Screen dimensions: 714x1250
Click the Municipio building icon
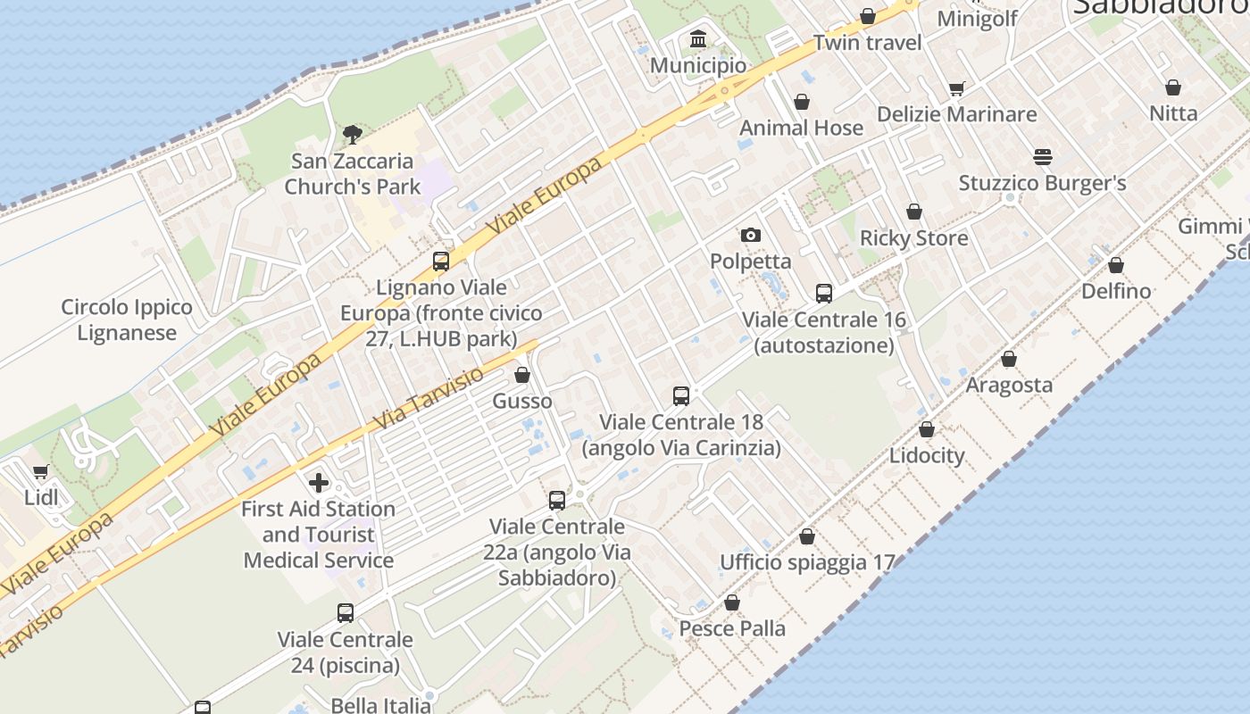coord(698,39)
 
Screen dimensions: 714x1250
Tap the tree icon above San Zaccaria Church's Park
coord(353,135)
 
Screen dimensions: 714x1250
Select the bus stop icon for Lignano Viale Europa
coord(441,262)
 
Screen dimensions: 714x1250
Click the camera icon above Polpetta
coord(751,236)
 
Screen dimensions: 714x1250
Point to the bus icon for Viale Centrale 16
coord(824,294)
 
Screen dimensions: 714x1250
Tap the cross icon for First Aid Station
coord(319,483)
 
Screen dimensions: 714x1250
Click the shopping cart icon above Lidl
coord(40,472)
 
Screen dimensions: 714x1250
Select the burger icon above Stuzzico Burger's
coord(1043,157)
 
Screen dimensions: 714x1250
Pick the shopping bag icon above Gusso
coord(522,375)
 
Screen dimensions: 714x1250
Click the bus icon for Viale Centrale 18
coord(681,395)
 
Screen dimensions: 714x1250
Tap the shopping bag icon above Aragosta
coord(1009,359)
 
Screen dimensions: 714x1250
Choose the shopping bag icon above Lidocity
coord(927,429)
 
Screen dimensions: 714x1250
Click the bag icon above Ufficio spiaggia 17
coord(807,536)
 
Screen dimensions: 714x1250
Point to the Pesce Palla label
coord(732,628)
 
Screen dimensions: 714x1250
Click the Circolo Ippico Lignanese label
coord(127,320)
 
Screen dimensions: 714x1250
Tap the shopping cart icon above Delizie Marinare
coord(957,88)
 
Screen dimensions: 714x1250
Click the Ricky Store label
coord(913,238)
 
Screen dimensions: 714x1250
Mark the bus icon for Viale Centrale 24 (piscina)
coord(346,613)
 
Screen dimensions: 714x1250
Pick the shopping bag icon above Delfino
coord(1116,265)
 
